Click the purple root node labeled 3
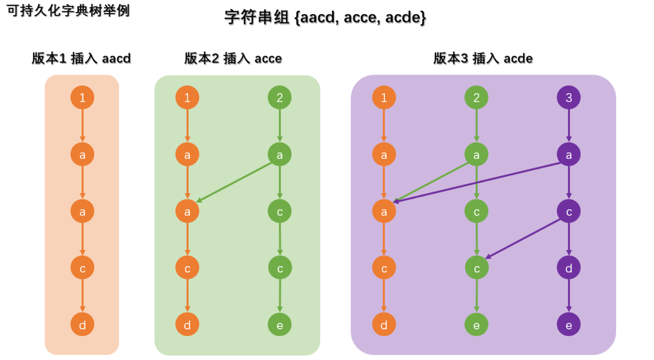[x=568, y=98]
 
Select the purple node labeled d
[x=568, y=268]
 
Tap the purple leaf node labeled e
[x=568, y=325]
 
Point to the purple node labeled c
[x=568, y=212]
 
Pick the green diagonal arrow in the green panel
[x=234, y=182]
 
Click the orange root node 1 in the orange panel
[x=82, y=98]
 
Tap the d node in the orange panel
[x=82, y=325]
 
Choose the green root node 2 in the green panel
[x=280, y=98]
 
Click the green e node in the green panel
[x=280, y=325]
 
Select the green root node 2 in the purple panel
[x=476, y=98]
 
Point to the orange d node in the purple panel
[x=384, y=325]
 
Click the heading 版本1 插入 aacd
[x=81, y=58]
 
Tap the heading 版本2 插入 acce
[x=233, y=58]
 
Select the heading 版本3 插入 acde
[x=483, y=58]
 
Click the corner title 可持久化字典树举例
[x=68, y=10]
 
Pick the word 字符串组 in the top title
[x=257, y=17]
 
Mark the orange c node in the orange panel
[x=82, y=268]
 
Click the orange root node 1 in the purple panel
[x=384, y=98]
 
